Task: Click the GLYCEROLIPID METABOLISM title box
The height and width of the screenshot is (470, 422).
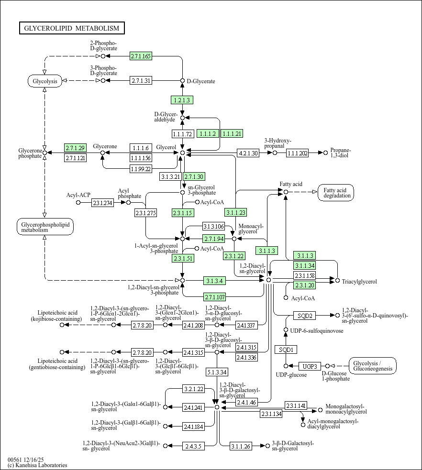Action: [72, 28]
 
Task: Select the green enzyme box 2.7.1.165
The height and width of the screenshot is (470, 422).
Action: [141, 56]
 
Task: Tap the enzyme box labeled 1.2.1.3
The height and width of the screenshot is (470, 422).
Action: [182, 100]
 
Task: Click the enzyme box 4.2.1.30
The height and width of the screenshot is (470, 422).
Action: [248, 153]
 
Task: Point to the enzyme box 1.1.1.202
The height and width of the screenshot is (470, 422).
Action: [298, 153]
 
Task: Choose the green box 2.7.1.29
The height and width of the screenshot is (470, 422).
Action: [75, 148]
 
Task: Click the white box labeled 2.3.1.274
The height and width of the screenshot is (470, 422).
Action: [102, 203]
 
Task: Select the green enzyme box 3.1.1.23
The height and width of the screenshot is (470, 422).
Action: [235, 212]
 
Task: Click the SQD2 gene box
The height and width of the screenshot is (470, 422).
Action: [305, 316]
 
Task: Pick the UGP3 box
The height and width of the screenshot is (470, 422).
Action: [310, 366]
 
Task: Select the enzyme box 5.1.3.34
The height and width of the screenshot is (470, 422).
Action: [217, 372]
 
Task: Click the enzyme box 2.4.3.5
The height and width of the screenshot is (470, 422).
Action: [193, 446]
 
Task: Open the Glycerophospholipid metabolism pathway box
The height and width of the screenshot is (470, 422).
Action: [44, 227]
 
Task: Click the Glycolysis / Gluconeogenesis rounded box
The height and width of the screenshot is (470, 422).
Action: [373, 366]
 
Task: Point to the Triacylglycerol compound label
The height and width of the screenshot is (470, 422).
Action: [359, 282]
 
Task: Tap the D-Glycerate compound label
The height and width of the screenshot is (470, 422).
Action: [201, 81]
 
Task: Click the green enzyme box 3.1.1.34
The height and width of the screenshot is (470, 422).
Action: [304, 265]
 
